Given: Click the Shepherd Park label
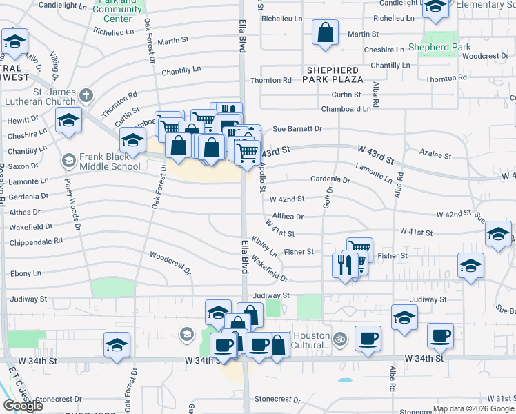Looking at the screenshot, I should [439, 47].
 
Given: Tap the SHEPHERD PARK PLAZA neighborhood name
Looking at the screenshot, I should [333, 75].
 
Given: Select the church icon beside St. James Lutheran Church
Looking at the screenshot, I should [86, 95].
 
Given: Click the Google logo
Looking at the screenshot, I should [23, 405].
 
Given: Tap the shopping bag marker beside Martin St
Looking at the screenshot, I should [325, 33].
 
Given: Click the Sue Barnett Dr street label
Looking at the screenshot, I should [297, 128].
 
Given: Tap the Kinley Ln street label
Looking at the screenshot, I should [264, 246].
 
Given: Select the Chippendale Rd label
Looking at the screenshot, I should [36, 241].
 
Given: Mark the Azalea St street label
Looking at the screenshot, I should [437, 157].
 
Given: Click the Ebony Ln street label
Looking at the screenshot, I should [27, 274].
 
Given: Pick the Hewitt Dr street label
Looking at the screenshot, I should [22, 120].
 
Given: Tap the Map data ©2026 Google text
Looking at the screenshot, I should [473, 408].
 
